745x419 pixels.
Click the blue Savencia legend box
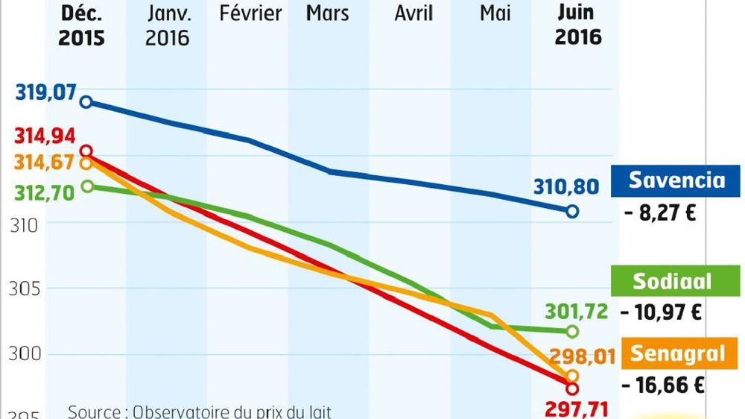(x=676, y=180)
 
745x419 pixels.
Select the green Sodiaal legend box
(x=671, y=282)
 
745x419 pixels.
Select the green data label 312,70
(x=42, y=192)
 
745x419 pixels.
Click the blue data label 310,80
(x=565, y=186)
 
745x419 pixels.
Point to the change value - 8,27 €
(x=661, y=215)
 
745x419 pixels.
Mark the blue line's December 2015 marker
(x=86, y=101)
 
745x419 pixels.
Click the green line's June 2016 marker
(x=572, y=331)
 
